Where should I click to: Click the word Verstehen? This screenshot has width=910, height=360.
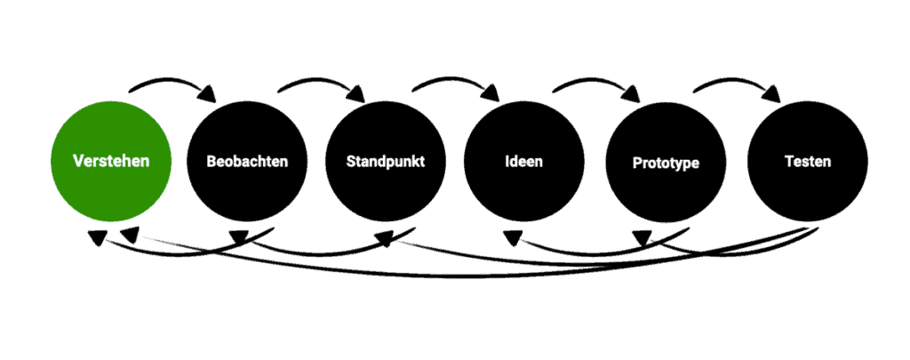(111, 162)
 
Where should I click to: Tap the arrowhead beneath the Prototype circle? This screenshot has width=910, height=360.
(643, 236)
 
